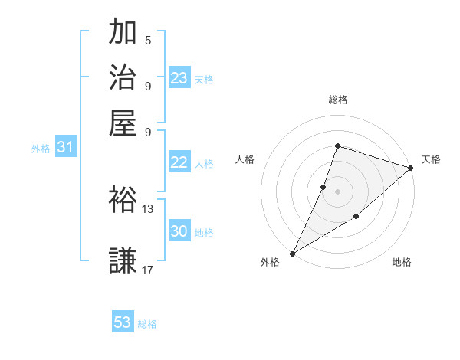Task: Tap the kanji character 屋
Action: click(123, 123)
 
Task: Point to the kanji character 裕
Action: click(123, 200)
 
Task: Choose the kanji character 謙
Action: click(123, 260)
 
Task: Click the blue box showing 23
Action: click(179, 77)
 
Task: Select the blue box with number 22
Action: click(179, 162)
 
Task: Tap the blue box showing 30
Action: click(179, 231)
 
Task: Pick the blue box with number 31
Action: click(65, 147)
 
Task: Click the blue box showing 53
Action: click(123, 322)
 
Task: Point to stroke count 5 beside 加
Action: click(148, 40)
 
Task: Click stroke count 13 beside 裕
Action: click(148, 208)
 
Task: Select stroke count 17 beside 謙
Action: click(148, 270)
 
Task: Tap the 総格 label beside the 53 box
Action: click(147, 324)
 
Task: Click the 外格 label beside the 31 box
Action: click(41, 149)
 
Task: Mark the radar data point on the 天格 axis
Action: click(411, 168)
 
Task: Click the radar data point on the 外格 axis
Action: click(292, 253)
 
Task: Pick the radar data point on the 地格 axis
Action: click(356, 218)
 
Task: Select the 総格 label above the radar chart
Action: click(337, 100)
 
